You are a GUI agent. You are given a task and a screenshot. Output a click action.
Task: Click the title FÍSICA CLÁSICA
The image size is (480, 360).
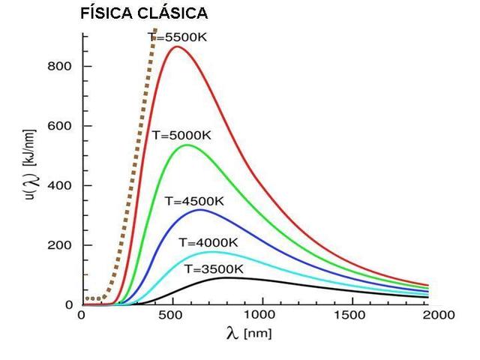[x=145, y=14]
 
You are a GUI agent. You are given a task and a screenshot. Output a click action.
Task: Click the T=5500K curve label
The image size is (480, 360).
[x=177, y=36]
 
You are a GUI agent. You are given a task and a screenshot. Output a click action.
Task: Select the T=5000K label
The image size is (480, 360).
[x=181, y=136]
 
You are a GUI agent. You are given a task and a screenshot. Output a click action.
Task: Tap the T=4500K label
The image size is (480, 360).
[x=194, y=201]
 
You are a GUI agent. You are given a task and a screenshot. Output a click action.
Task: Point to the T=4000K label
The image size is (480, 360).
[x=208, y=242]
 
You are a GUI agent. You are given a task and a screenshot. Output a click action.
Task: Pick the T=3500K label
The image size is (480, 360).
[x=214, y=269]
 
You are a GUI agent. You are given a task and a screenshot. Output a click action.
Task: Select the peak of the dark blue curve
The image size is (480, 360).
[x=199, y=210]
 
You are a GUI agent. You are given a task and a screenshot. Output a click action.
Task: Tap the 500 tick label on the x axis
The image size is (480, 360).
[x=172, y=316]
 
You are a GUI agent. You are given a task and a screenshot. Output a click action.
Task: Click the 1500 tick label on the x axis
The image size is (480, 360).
[x=352, y=316]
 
